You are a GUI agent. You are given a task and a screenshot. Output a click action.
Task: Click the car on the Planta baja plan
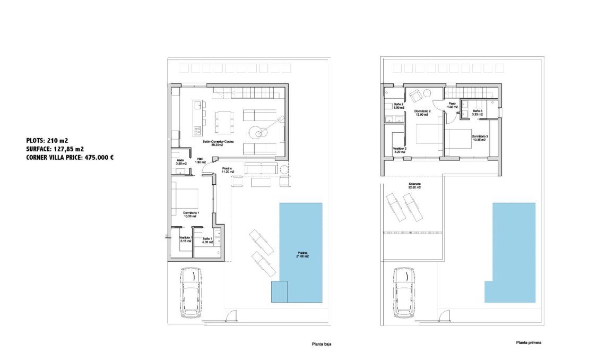click(191, 292)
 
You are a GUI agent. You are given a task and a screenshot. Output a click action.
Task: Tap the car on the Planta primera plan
click(404, 292)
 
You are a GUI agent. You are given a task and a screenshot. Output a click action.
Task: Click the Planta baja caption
click(321, 344)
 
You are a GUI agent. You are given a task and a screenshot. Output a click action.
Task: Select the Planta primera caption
click(528, 342)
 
